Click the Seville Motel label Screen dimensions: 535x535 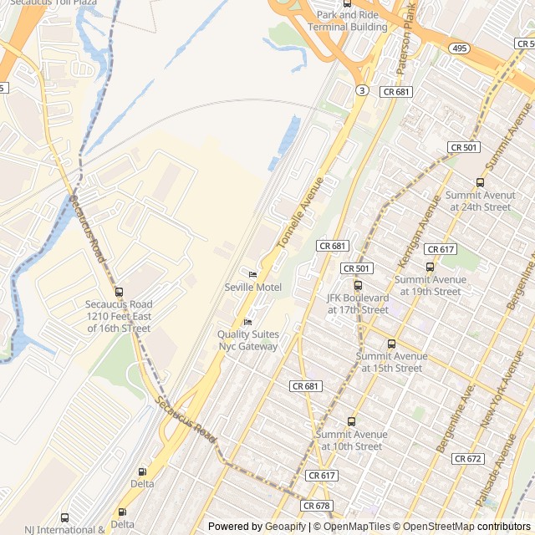(x=253, y=288)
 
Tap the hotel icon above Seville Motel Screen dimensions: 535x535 (x=252, y=274)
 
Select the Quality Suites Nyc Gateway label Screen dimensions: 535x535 (x=248, y=340)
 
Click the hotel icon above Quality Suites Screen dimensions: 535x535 (x=247, y=323)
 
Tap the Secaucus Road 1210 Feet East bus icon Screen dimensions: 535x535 (x=119, y=292)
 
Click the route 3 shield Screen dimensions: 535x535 (x=361, y=89)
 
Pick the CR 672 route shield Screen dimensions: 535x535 (x=468, y=459)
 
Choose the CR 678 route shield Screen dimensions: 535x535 (x=317, y=506)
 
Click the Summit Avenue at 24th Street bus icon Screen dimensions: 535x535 (x=480, y=183)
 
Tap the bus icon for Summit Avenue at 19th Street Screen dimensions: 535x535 (x=430, y=267)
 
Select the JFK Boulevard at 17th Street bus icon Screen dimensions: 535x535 (x=358, y=285)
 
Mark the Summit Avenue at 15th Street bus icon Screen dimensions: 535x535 (x=391, y=344)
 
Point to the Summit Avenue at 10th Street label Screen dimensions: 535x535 (x=351, y=440)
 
